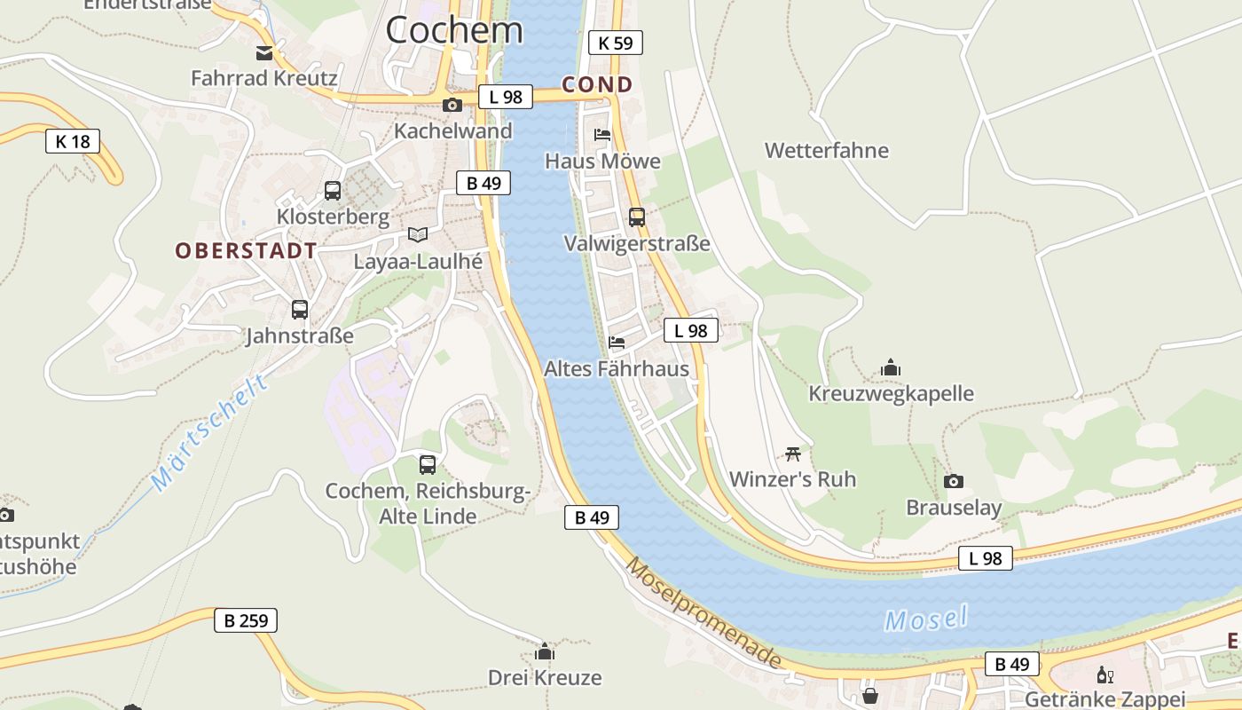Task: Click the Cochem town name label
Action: [454, 30]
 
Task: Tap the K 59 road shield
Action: [615, 42]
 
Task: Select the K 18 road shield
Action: [73, 140]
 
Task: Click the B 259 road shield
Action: [246, 620]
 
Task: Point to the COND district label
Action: [597, 85]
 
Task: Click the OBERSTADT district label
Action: [246, 250]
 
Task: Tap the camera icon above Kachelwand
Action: [452, 105]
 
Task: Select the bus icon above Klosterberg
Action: [333, 190]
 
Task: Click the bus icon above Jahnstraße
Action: [300, 310]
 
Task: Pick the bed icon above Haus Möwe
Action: [602, 135]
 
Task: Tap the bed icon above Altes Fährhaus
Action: [617, 342]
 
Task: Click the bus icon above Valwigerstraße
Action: [637, 217]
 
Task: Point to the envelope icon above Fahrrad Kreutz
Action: [264, 52]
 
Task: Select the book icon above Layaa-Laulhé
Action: [418, 234]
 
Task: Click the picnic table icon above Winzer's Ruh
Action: [793, 453]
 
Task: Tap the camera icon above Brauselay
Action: [954, 481]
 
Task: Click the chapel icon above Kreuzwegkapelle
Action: [891, 367]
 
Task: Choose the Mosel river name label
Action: [925, 619]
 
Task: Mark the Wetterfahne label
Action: [827, 150]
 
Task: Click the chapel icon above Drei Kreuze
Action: [545, 651]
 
